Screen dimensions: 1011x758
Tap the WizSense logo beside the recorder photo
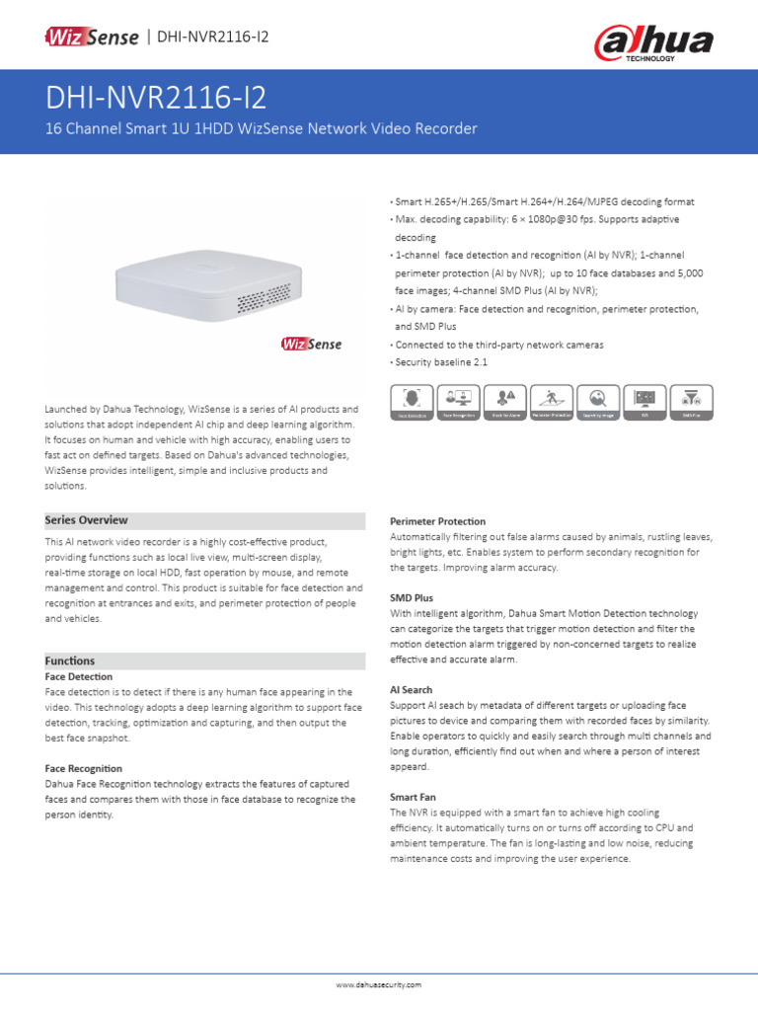point(312,344)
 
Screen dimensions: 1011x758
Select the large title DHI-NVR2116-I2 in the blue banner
point(155,99)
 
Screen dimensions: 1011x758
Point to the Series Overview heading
point(87,520)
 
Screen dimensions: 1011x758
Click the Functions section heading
point(70,661)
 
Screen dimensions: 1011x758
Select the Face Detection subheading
point(79,677)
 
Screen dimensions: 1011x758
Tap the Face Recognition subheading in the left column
point(84,768)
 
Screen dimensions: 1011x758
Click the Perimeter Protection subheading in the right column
point(437,520)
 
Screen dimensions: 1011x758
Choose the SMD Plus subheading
point(412,598)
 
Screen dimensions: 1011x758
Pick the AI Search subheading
point(412,690)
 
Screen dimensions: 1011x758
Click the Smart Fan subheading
point(413,797)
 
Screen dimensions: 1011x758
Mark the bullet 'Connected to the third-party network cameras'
point(498,345)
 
